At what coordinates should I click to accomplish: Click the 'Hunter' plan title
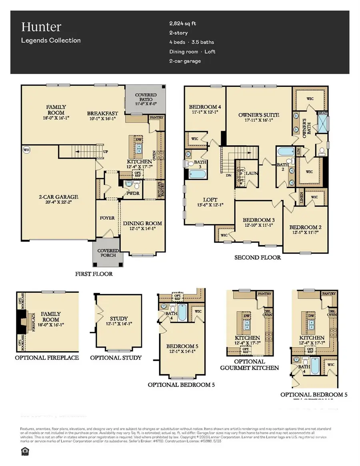tap(36, 27)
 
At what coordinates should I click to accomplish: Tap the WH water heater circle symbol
tap(26, 150)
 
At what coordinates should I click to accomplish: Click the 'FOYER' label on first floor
tap(107, 218)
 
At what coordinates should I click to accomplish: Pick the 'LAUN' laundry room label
tap(251, 173)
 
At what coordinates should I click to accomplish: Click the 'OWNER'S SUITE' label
tap(258, 115)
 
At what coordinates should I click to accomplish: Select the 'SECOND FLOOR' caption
tap(257, 258)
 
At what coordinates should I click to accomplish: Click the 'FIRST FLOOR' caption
tap(94, 274)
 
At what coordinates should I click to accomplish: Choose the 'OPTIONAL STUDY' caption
tap(116, 357)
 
